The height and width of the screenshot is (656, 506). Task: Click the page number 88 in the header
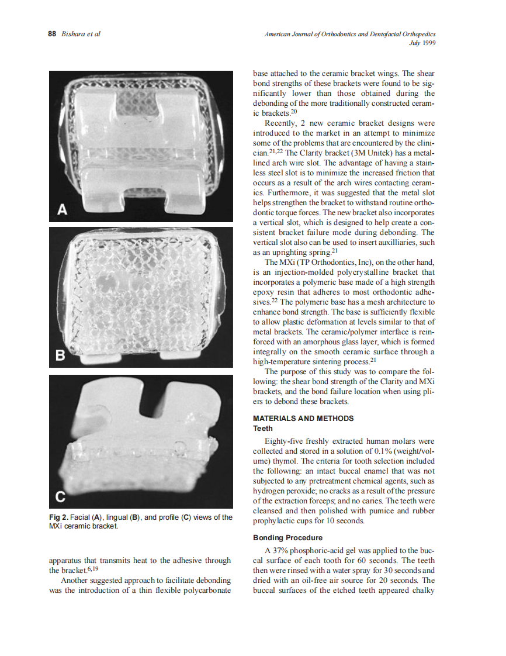click(51, 34)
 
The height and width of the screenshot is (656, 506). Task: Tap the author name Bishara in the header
click(74, 34)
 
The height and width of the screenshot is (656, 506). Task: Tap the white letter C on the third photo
click(60, 498)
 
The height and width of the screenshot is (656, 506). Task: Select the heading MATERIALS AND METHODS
click(303, 419)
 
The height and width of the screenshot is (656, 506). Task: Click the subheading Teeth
click(262, 428)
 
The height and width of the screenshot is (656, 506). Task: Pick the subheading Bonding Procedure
click(287, 537)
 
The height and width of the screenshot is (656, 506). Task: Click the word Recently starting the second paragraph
click(283, 123)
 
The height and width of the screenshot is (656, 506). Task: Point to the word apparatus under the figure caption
click(69, 560)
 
